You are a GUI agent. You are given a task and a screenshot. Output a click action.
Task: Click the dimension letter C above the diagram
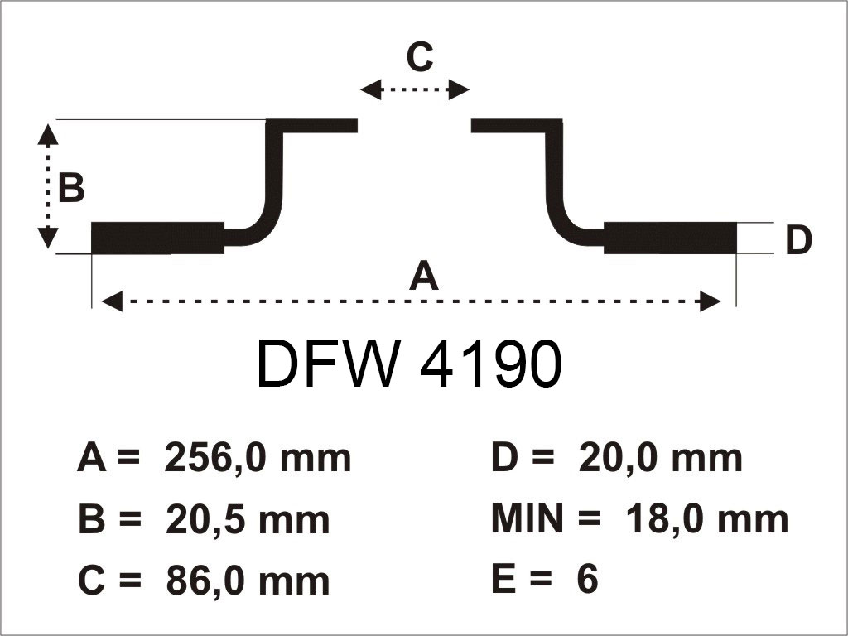point(420,57)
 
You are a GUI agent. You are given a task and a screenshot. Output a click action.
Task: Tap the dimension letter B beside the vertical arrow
point(72,189)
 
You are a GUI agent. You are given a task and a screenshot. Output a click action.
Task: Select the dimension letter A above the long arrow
point(423,276)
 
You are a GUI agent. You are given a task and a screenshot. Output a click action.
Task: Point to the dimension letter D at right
point(798,241)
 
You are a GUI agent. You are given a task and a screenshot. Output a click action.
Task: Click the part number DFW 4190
point(409,364)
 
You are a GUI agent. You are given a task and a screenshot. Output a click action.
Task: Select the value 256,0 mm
point(258,458)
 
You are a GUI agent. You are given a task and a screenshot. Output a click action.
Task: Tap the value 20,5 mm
point(248,520)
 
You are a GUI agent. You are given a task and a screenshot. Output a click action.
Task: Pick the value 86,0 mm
point(248,581)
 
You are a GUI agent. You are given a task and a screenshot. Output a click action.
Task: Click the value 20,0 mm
point(659,458)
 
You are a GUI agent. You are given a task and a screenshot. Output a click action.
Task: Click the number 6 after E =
point(586,581)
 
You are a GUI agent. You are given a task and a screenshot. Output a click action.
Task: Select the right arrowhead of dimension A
point(711,302)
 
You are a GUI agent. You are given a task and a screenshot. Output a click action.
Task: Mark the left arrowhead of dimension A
point(112,302)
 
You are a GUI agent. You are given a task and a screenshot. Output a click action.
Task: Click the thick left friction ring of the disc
point(157,238)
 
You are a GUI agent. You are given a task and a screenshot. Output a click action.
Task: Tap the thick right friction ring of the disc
point(670,238)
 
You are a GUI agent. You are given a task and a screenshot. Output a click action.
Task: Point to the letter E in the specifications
point(503,581)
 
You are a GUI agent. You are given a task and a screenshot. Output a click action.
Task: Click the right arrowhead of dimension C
point(460,90)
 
